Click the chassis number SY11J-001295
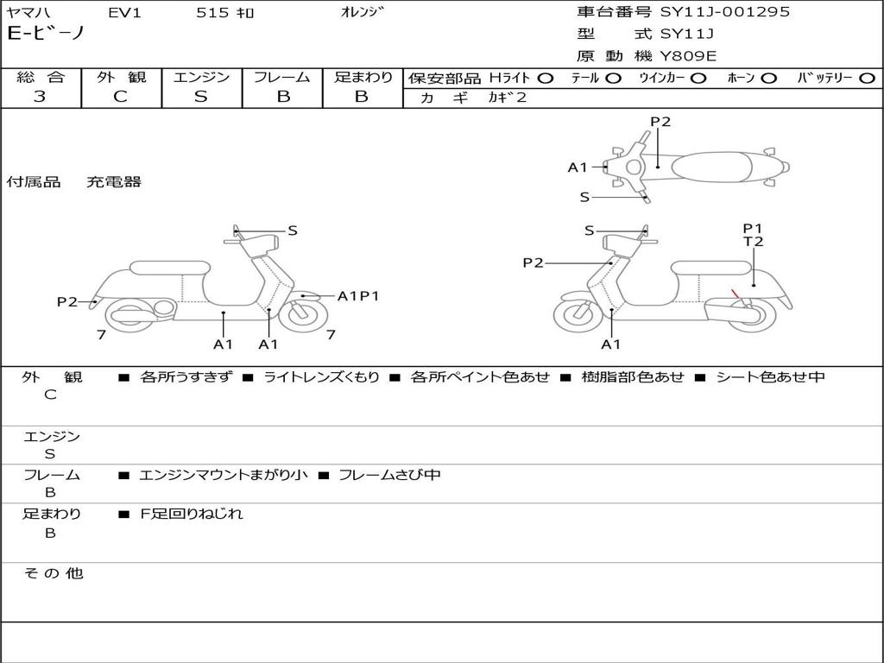pos(724,11)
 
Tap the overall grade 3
pos(40,97)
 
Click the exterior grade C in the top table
pos(120,97)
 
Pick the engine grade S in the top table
pos(200,97)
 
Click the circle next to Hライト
pos(546,79)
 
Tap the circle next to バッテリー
pos(868,79)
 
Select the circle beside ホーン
pos(769,79)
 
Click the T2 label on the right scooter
pos(753,242)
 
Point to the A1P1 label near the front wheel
pos(358,296)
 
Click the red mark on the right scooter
pos(736,294)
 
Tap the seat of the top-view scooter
pos(711,167)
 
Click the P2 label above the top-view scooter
pos(660,122)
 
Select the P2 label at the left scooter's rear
pos(67,302)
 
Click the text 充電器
pos(114,182)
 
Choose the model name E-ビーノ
pos(45,34)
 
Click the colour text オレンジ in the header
pos(362,12)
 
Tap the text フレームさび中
pos(389,475)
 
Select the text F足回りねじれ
pos(192,514)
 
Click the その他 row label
pos(54,573)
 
